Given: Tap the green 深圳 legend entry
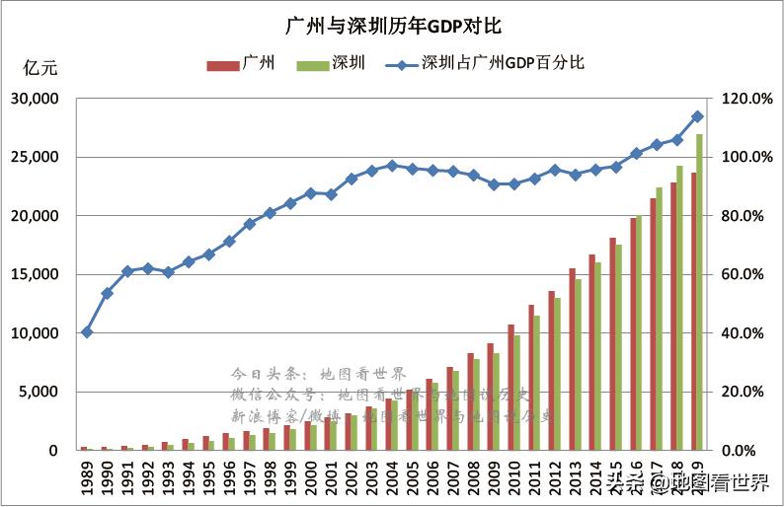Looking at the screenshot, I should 332,64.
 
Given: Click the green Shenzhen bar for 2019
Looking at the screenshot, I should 700,292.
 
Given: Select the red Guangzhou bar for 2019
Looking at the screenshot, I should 693,311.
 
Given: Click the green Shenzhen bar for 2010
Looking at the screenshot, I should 517,393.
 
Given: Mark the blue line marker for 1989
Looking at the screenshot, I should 87,331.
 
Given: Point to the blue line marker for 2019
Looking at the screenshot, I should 697,116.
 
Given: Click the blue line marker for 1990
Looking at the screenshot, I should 107,293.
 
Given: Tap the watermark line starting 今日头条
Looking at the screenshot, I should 318,375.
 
